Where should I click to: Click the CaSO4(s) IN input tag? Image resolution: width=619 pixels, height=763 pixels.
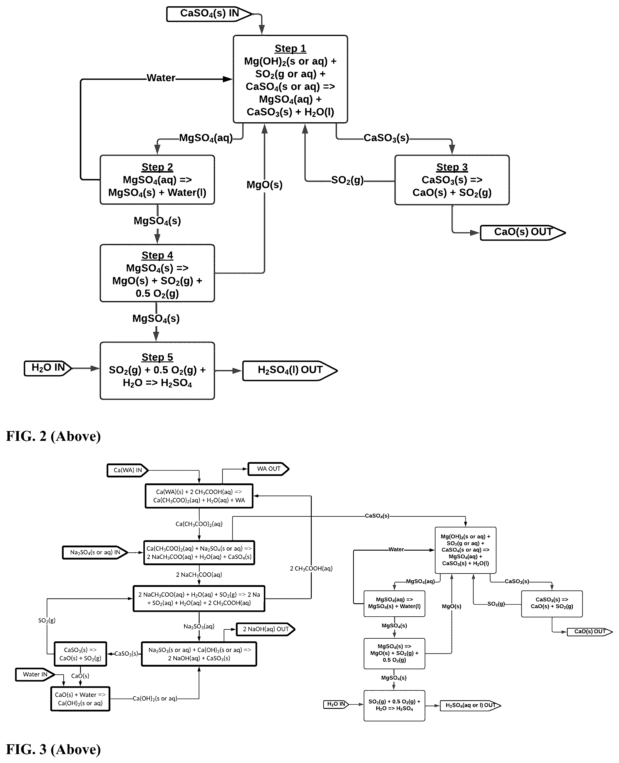[x=209, y=14]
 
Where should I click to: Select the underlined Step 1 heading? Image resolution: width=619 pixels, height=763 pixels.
[x=290, y=48]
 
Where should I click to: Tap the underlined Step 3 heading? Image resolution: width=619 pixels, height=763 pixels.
[x=452, y=167]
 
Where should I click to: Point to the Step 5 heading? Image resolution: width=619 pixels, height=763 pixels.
[x=157, y=357]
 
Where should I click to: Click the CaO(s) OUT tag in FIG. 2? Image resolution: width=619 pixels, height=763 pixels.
[x=523, y=232]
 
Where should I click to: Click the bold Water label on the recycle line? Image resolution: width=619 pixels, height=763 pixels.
[x=161, y=78]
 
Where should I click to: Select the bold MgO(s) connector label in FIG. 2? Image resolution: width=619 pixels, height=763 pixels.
[x=264, y=185]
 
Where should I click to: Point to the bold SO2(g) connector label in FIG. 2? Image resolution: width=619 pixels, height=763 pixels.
[x=347, y=180]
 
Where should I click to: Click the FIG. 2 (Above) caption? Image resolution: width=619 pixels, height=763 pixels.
[x=54, y=436]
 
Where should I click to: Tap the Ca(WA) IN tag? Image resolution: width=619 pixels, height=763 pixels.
[x=128, y=470]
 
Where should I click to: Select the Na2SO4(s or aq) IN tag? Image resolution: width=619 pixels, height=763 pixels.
[x=95, y=553]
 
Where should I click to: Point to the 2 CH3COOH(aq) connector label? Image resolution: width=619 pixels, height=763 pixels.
[x=311, y=568]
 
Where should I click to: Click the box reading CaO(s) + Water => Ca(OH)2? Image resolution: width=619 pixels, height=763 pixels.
[x=80, y=699]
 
